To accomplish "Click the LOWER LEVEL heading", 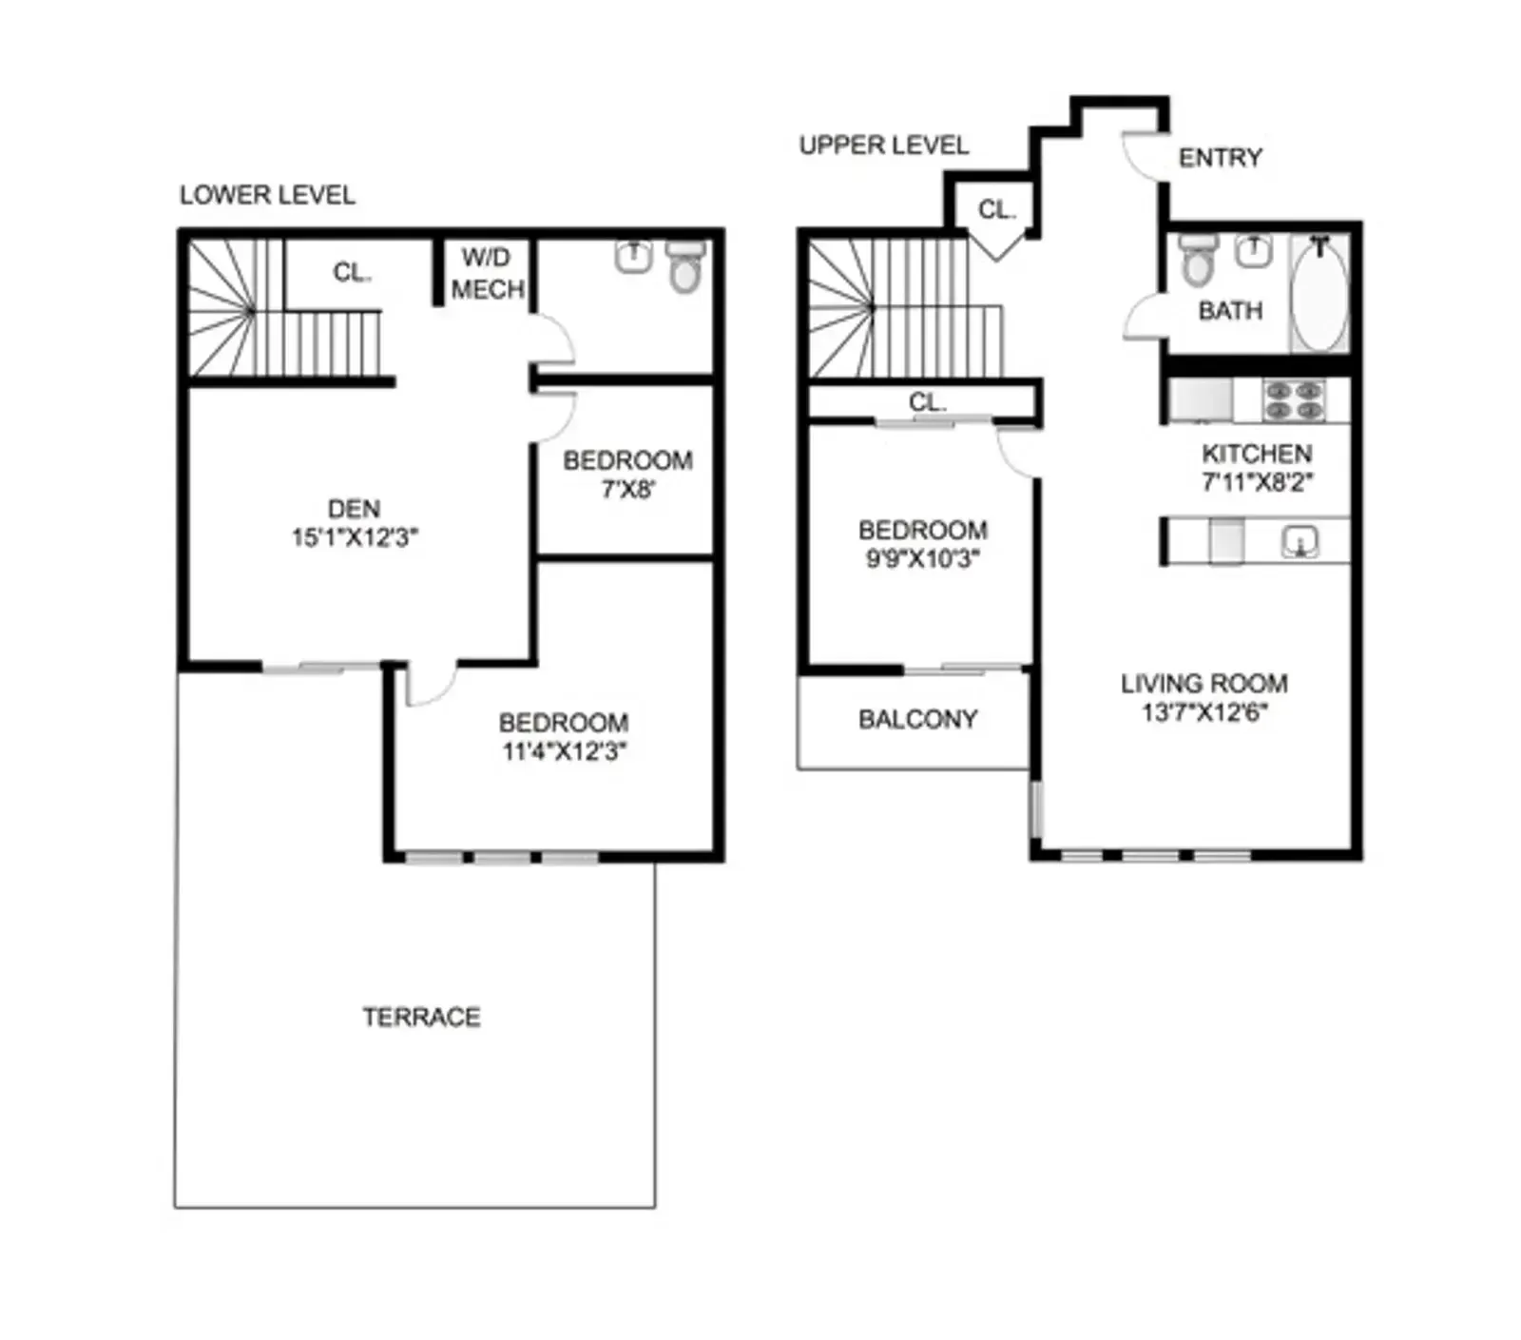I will [267, 195].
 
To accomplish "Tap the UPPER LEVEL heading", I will [883, 146].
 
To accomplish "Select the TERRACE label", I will [421, 1017].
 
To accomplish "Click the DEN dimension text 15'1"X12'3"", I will [354, 537].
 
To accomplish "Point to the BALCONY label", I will [917, 719].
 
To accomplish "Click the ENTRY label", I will [1220, 158].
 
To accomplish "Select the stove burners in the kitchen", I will [1294, 400].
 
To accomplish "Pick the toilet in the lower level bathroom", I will [684, 269].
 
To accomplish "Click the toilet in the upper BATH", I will [1198, 261].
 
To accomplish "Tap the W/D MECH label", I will [487, 273].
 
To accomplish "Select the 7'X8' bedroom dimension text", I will [627, 490].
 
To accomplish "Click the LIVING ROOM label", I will [1203, 684].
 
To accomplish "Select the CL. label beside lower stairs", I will [352, 273].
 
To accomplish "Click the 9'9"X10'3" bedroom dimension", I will [922, 558].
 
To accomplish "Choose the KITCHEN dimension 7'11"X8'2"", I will [1257, 482].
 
